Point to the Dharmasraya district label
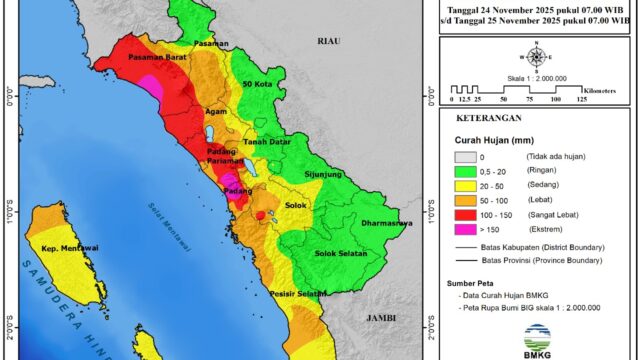coord(386,223)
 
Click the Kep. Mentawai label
coord(66,243)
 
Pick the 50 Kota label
coord(261,85)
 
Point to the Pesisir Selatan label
coord(300,294)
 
